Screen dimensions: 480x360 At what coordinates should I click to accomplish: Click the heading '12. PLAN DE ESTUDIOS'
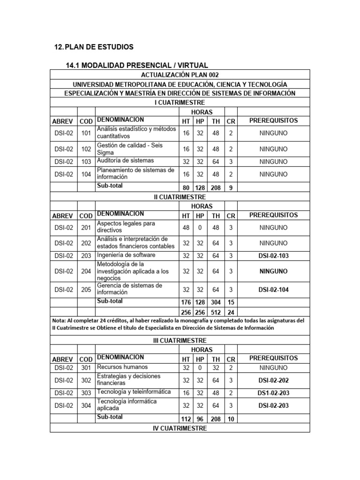coord(94,47)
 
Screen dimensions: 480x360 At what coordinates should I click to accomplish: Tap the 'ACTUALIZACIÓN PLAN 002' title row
coord(180,75)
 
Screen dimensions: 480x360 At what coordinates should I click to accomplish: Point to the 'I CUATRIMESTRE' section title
coord(180,103)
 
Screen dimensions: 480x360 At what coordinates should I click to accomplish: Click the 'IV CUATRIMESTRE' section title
coord(180,428)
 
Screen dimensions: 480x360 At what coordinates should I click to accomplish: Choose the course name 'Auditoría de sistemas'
coord(125,161)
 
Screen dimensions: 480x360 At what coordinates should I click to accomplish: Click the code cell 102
coord(86,149)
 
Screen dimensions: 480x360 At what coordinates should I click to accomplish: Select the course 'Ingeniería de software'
coord(126,255)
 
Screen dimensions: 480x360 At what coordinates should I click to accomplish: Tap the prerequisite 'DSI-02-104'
coord(273,290)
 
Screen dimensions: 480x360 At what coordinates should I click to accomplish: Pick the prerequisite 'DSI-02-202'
coord(273,380)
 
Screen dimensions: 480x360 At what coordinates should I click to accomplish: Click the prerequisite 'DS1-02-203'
coord(273,392)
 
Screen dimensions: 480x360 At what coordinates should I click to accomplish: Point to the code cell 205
coord(86,290)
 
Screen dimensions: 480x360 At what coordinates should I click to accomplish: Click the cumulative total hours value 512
coord(216,312)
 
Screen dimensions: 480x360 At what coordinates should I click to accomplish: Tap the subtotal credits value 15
coord(231,302)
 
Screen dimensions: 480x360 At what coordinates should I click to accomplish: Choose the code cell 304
coord(86,405)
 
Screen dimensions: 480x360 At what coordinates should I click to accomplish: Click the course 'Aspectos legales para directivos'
coord(126,227)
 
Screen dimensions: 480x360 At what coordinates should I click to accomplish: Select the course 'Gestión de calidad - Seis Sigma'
coord(129,149)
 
